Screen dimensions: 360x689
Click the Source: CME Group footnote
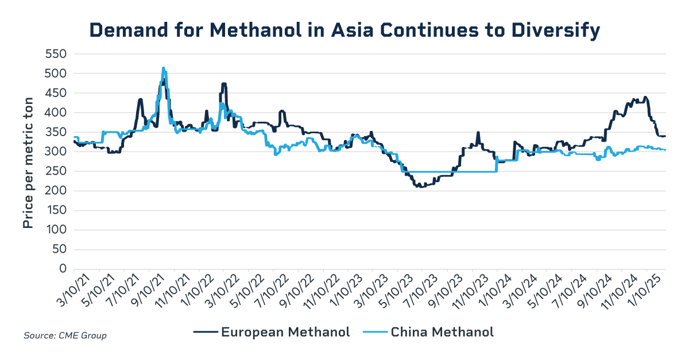(65, 335)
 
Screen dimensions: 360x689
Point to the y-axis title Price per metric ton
(28, 162)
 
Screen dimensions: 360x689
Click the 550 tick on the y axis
(56, 54)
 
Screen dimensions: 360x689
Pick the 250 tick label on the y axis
(56, 171)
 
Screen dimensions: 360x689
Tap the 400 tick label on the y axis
(56, 113)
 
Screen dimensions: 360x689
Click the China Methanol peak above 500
(164, 68)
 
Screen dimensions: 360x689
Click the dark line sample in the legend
(205, 332)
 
